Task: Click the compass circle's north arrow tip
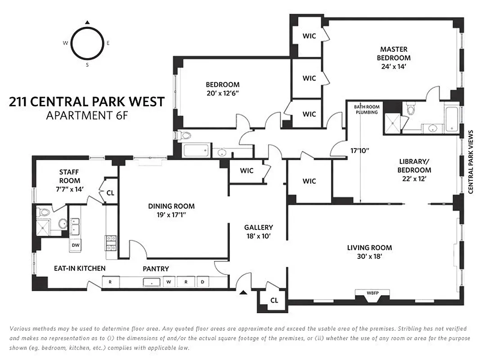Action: [x=88, y=22]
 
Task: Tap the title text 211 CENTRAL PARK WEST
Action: [x=87, y=102]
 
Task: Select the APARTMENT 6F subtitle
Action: [x=87, y=116]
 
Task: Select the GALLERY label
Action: [x=258, y=227]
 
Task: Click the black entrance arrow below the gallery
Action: [x=243, y=293]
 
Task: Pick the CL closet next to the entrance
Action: [x=274, y=300]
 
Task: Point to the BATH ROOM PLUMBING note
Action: [x=366, y=109]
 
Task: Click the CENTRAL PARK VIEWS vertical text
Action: [x=471, y=162]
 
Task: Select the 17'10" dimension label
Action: [x=359, y=151]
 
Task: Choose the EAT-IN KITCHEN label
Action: [x=80, y=269]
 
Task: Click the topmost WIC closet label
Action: [x=309, y=36]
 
